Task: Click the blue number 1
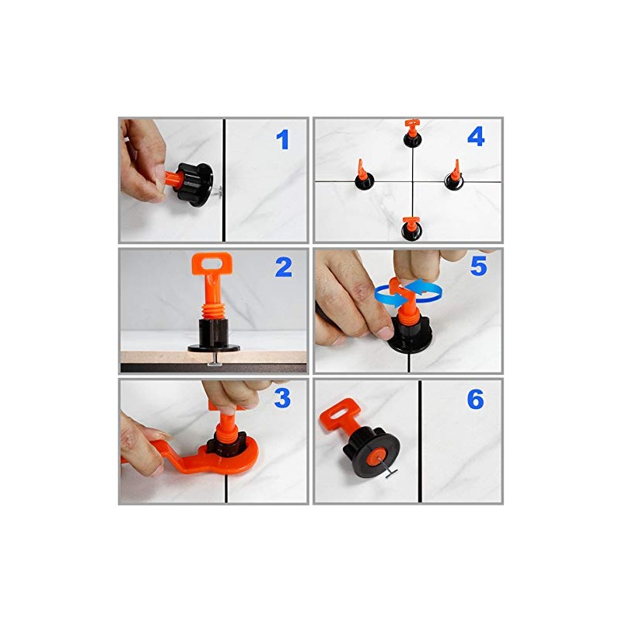pyautogui.click(x=282, y=140)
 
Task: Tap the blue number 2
pyautogui.click(x=283, y=268)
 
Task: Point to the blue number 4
pyautogui.click(x=476, y=137)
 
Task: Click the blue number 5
pyautogui.click(x=477, y=267)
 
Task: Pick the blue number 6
pyautogui.click(x=475, y=400)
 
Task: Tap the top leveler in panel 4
pyautogui.click(x=411, y=134)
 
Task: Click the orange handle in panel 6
pyautogui.click(x=339, y=416)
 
